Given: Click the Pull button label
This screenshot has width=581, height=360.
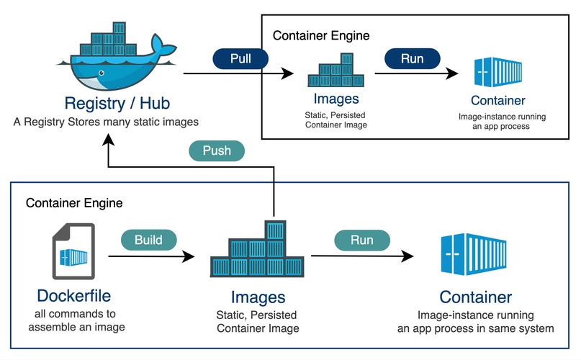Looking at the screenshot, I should pyautogui.click(x=240, y=58).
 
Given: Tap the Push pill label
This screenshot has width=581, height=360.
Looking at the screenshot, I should pyautogui.click(x=216, y=151).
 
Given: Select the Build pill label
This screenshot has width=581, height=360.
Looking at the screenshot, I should pyautogui.click(x=148, y=240).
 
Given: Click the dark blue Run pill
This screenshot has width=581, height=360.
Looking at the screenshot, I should pyautogui.click(x=413, y=58).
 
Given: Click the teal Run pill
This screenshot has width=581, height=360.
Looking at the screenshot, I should pyautogui.click(x=361, y=240).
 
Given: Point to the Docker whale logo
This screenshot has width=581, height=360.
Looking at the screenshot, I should pyautogui.click(x=119, y=54).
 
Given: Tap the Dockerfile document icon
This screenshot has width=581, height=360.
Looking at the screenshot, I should pyautogui.click(x=73, y=252).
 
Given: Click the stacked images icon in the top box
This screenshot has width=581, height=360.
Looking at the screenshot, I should pyautogui.click(x=335, y=71).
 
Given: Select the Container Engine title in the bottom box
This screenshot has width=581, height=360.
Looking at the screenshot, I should pyautogui.click(x=74, y=203).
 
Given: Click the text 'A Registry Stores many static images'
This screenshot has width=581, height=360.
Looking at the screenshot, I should pyautogui.click(x=106, y=122).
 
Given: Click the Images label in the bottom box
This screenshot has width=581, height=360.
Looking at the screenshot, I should pyautogui.click(x=258, y=297).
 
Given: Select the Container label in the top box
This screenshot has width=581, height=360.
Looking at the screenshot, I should pyautogui.click(x=497, y=100).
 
